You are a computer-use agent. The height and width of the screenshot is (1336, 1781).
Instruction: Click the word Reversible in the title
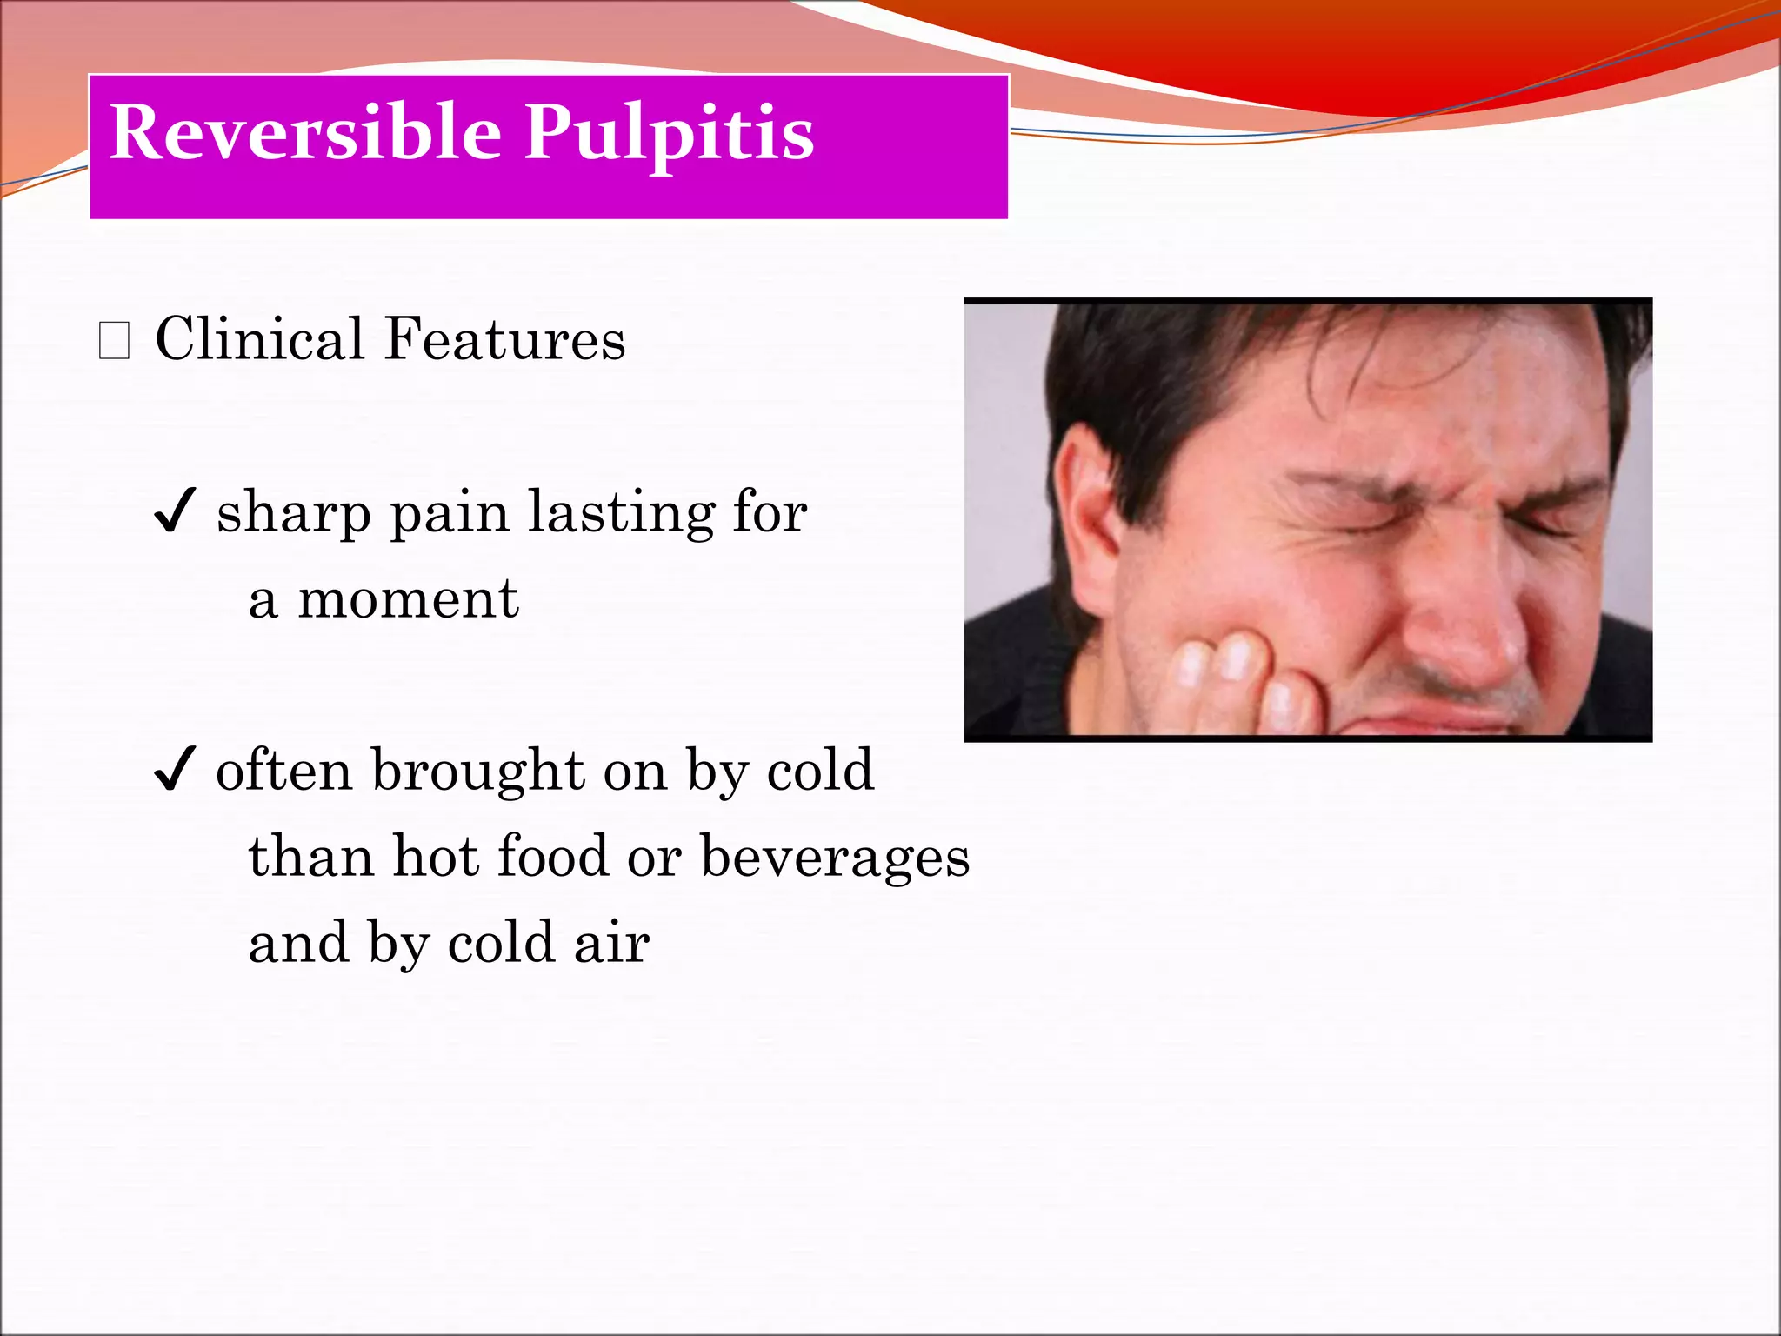point(305,132)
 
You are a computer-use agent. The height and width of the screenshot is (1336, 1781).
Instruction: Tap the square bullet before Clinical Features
point(114,340)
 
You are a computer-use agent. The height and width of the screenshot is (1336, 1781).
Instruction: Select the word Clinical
point(258,338)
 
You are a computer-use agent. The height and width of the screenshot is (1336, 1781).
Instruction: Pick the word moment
point(408,599)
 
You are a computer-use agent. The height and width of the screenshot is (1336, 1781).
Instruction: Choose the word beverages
point(835,858)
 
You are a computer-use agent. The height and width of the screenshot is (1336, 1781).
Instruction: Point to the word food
point(553,856)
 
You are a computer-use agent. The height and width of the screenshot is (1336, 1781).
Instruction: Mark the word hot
point(435,856)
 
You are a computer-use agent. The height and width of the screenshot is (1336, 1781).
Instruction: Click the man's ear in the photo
point(1087,504)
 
